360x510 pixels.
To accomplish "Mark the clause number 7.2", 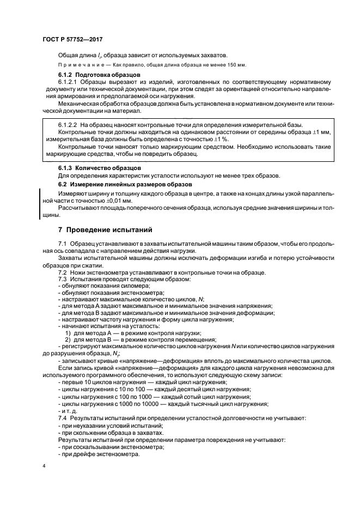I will click(62, 272).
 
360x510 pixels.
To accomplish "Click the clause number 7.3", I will click(62, 280).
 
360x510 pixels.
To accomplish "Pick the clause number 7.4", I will click(62, 418).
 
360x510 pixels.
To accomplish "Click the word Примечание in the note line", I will click(78, 64).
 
